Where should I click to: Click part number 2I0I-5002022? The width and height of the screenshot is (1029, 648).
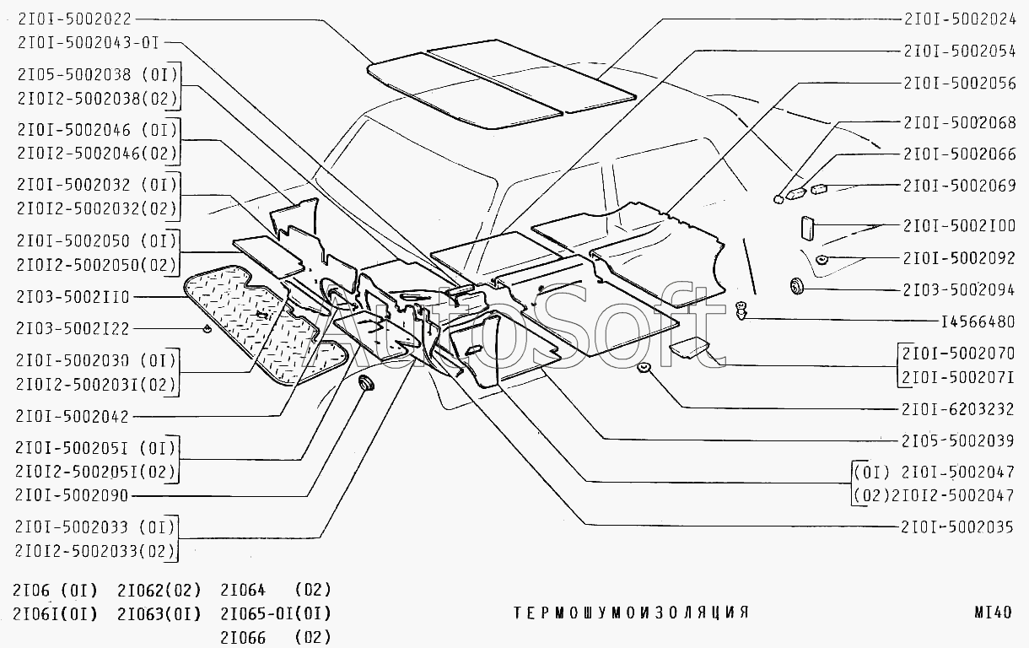74,19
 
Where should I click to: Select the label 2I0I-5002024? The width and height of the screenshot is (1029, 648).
960,19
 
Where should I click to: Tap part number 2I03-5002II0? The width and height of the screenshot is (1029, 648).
73,297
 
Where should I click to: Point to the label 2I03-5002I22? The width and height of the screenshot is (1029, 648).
73,329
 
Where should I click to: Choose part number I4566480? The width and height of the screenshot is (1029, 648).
978,321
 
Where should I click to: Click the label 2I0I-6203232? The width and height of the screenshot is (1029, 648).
958,409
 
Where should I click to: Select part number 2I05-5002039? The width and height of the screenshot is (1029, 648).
958,441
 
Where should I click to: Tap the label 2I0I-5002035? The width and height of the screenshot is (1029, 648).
957,526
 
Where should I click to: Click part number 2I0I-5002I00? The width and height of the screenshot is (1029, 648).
960,225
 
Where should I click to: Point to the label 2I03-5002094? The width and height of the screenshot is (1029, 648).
959,290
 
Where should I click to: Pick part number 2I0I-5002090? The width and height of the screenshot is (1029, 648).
72,495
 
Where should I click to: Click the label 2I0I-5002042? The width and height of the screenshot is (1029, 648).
73,416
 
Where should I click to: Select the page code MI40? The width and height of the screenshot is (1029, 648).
994,613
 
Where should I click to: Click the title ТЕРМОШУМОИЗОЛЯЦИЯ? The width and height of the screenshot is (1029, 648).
631,613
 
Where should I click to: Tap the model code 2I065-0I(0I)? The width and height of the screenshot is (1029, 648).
276,613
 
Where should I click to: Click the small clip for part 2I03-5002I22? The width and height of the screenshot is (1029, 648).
207,328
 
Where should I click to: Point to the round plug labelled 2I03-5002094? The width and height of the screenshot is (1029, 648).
797,286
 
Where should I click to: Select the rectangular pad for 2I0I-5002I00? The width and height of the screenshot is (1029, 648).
807,228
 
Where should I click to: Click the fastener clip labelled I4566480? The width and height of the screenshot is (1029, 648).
741,310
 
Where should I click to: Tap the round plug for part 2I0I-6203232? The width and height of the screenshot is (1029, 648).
644,367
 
